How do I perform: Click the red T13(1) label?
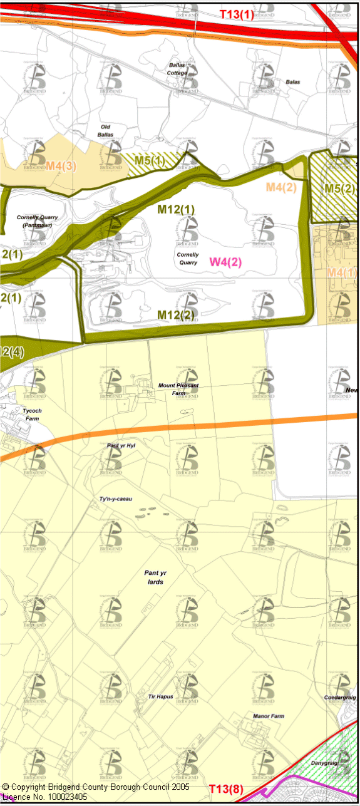pyautogui.click(x=237, y=14)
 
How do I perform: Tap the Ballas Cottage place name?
pyautogui.click(x=177, y=69)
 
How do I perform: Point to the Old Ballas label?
pyautogui.click(x=106, y=130)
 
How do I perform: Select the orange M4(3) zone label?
pyautogui.click(x=61, y=166)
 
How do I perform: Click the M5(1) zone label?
pyautogui.click(x=150, y=160)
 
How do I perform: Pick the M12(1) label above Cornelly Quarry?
pyautogui.click(x=176, y=210)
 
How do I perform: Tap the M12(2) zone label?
pyautogui.click(x=176, y=314)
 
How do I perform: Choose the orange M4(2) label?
pyautogui.click(x=281, y=187)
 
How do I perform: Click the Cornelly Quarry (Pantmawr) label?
pyautogui.click(x=38, y=220)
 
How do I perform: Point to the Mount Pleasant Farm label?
pyautogui.click(x=178, y=390)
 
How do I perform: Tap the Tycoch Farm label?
pyautogui.click(x=32, y=414)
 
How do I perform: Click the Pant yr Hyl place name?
pyautogui.click(x=121, y=445)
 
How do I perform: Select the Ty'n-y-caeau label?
pyautogui.click(x=116, y=499)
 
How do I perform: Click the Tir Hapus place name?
pyautogui.click(x=160, y=696)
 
